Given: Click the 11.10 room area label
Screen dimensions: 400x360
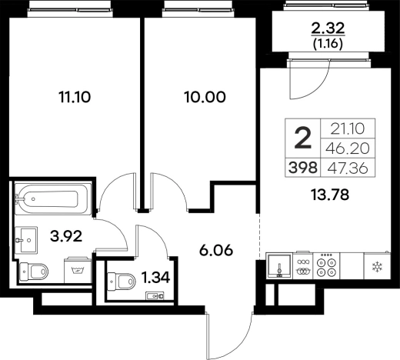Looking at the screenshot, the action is coord(75,97).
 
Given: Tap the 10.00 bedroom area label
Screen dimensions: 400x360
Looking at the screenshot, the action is coord(205,97).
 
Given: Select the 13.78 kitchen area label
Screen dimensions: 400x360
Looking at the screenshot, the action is coord(330,195).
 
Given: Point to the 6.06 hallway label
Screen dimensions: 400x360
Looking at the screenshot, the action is coord(216,250).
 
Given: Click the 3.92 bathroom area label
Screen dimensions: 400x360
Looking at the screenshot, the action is coord(66,236).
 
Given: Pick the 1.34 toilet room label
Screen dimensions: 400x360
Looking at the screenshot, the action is coord(156,278).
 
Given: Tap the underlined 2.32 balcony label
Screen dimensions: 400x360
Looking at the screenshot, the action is coord(328,28).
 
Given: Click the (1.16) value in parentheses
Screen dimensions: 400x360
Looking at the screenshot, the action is coord(328,44).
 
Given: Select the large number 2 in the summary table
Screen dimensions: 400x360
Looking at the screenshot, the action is coord(303,138).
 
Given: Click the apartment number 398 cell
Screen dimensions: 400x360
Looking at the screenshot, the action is coord(303,168).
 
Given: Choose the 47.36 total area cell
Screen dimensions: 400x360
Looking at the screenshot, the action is coord(348,168).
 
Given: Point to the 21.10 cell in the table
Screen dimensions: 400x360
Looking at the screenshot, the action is coord(348,128).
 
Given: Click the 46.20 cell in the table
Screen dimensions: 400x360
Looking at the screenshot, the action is coord(348,148).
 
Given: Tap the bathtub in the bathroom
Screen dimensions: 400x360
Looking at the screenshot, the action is coord(52,198).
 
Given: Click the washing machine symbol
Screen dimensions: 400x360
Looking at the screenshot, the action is coord(77,270).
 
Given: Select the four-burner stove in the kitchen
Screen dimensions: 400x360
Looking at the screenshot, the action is coord(326,266).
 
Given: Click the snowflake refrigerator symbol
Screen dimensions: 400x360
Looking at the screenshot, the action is coord(377,267).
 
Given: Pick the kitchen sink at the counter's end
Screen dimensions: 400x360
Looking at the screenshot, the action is coord(279,265).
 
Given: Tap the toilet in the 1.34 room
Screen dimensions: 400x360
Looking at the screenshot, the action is coord(122,282).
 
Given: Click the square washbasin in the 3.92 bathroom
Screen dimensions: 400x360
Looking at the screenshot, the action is coord(26,240).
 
